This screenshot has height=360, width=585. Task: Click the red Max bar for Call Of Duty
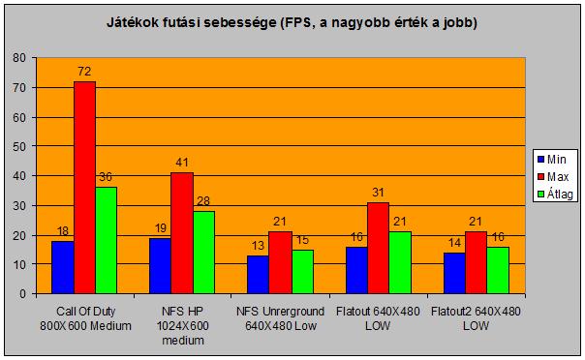coord(84,188)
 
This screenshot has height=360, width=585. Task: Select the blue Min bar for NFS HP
coord(160,266)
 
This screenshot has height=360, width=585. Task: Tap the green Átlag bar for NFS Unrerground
coord(302,272)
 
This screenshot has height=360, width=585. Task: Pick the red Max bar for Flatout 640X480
coord(378,248)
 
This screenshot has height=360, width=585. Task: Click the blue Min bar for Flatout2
coord(454,273)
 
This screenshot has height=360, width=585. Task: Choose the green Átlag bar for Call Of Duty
coord(106,240)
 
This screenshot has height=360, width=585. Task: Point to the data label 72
coord(84,72)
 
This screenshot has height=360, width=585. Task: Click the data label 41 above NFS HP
coord(182,163)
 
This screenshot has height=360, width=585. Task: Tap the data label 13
coord(258,245)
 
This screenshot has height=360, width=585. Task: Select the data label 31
coord(378,193)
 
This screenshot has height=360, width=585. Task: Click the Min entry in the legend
coord(552,160)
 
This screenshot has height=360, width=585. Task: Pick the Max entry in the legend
coord(553,177)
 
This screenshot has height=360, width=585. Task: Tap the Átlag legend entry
coord(555,194)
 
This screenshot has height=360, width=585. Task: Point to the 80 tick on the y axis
coord(19,58)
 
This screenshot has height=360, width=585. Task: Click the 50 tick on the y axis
coord(19,146)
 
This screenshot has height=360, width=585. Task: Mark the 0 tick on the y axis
coord(22,294)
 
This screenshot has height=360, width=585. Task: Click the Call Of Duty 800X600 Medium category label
coord(85,318)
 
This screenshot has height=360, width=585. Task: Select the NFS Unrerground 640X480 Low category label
coord(280,318)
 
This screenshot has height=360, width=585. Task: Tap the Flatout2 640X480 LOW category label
coord(476,318)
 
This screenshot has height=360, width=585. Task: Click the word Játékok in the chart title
coord(133,22)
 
